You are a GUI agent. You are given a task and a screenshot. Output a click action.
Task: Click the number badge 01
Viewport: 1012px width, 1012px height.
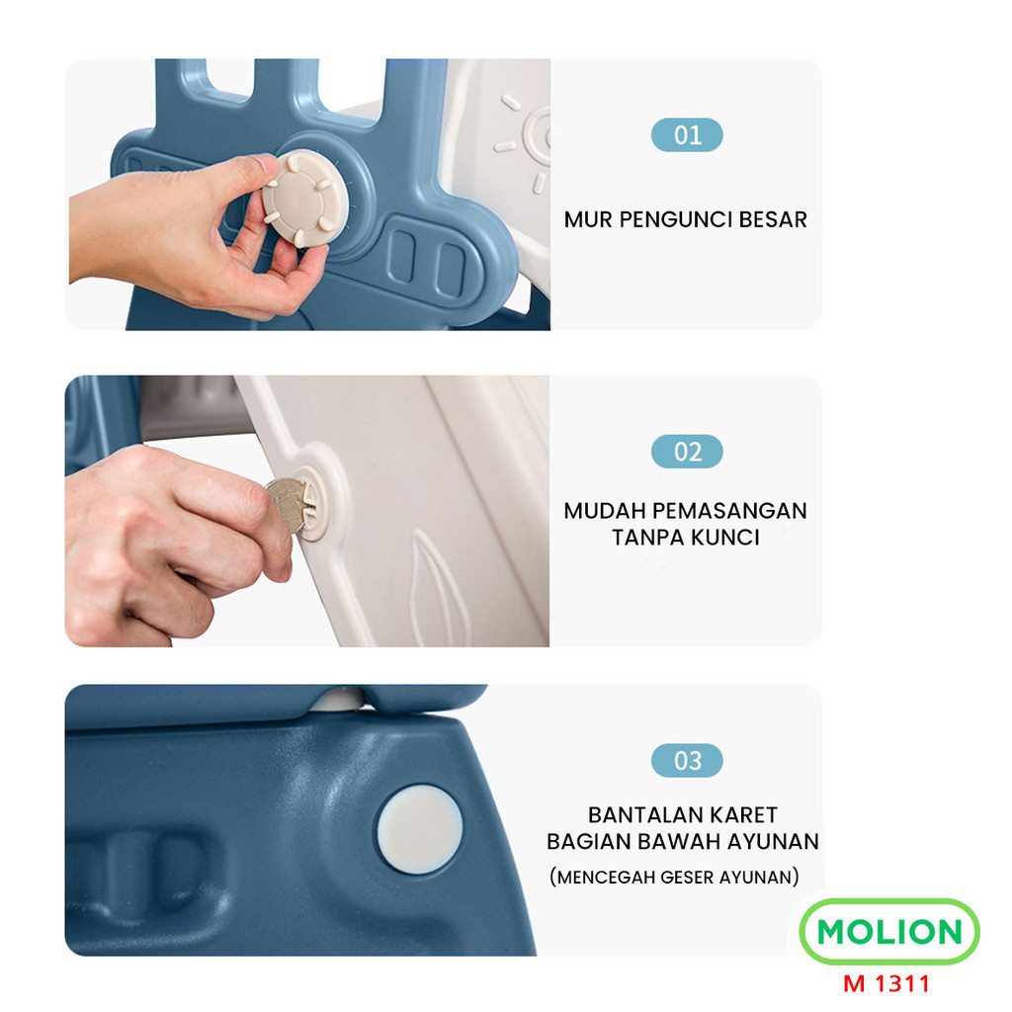pos(687,135)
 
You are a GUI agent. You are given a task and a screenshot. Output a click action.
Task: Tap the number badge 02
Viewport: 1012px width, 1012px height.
pos(687,452)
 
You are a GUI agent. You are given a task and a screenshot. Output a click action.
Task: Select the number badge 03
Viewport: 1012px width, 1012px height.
pos(687,761)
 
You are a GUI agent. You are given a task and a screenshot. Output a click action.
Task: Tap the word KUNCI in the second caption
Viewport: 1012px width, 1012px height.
pos(725,538)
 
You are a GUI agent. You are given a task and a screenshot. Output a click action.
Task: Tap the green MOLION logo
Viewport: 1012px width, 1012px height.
pos(888,932)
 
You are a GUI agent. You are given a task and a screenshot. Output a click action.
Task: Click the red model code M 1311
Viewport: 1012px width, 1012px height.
pos(886,983)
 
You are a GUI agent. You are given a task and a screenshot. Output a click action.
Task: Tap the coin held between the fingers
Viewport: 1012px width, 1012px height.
pos(286,505)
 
